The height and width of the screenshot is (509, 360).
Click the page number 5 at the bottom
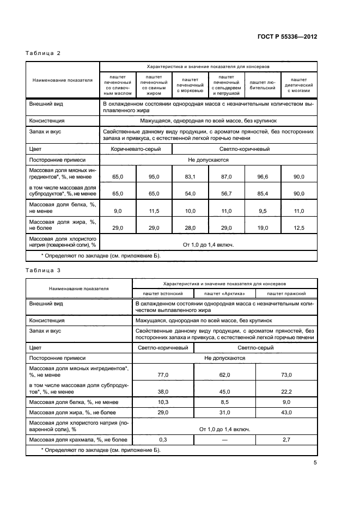coord(315,463)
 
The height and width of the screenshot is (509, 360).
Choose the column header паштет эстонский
coord(163,293)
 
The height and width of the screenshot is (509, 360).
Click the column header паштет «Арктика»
coord(224,293)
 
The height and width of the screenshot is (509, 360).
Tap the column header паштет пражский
coord(286,293)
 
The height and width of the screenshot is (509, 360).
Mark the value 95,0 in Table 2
coord(154,177)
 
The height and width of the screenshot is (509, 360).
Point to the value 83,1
coord(190,177)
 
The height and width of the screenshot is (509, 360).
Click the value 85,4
coord(263,193)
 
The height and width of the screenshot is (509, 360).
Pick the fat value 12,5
coord(299,227)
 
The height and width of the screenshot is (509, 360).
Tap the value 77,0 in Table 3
coord(163,375)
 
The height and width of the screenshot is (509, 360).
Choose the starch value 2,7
coord(286,439)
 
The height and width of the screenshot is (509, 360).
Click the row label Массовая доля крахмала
coord(77,439)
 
